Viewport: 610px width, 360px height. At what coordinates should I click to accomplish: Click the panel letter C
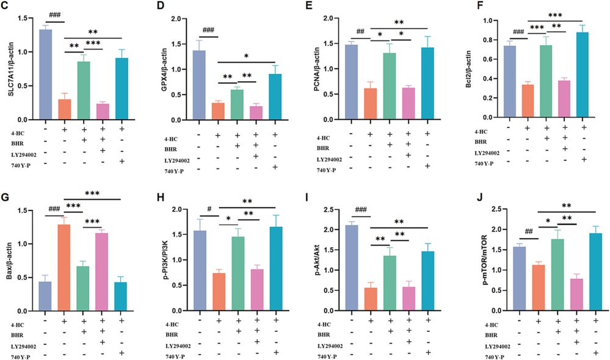coord(6,7)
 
